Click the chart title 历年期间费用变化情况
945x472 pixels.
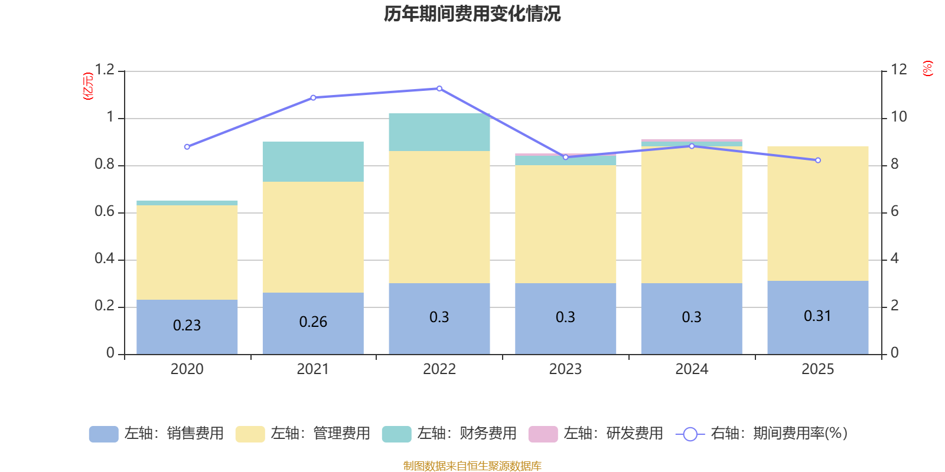[x=472, y=14]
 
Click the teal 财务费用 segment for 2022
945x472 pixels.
[x=439, y=132]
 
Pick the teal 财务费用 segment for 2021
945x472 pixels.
[x=312, y=162]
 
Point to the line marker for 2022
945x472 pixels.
[x=439, y=88]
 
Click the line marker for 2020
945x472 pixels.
[x=187, y=147]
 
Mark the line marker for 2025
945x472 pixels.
[x=818, y=160]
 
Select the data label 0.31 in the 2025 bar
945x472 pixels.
[x=817, y=316]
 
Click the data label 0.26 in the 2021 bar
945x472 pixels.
[x=313, y=322]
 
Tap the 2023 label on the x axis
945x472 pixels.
[x=565, y=369]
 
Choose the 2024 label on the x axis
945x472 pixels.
[x=692, y=369]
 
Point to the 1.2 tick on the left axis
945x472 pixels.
[x=105, y=70]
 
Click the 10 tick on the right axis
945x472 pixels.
[x=898, y=117]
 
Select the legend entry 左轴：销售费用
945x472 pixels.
[x=157, y=434]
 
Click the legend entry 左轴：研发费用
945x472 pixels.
[x=596, y=434]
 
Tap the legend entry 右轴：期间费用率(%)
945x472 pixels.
[x=761, y=434]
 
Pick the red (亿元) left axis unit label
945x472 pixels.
[x=88, y=86]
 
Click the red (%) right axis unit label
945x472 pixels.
[x=927, y=68]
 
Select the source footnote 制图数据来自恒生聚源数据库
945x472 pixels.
[x=472, y=466]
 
